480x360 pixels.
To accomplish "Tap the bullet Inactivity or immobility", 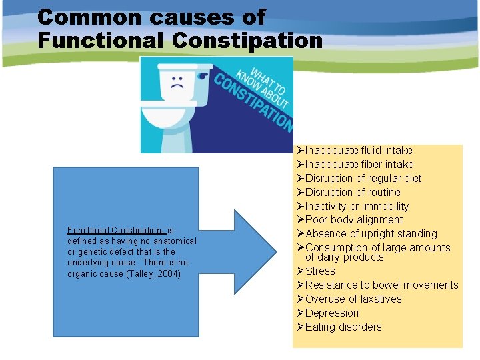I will (357, 207).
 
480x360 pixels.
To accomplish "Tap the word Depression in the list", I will (331, 313).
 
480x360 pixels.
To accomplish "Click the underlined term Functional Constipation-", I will (116, 229).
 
